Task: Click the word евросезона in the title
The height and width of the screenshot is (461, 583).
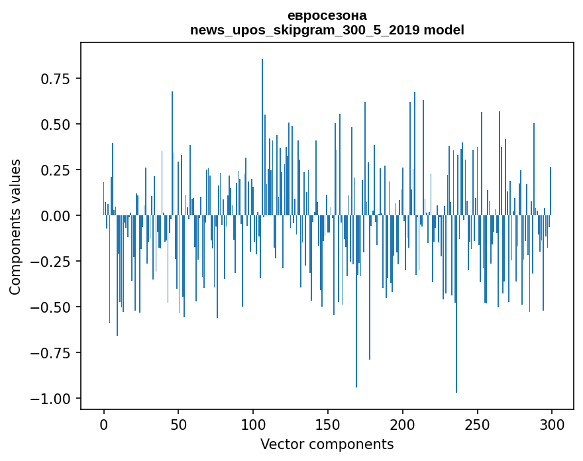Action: click(327, 15)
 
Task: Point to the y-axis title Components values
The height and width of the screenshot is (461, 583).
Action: click(15, 227)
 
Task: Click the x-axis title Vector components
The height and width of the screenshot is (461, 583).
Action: click(327, 444)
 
